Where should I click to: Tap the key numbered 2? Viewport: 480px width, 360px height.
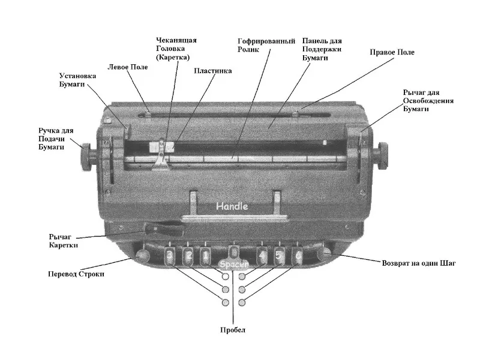point(188,257)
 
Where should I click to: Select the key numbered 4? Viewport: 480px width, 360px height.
point(262,257)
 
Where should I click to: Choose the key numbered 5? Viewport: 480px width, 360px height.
point(279,257)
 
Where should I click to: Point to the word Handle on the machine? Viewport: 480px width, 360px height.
point(232,206)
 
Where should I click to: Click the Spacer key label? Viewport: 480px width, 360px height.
point(232,263)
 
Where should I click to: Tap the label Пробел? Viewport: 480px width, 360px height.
point(233,330)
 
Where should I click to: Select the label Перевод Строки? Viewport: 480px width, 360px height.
point(76,274)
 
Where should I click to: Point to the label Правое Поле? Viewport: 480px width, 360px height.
point(392,53)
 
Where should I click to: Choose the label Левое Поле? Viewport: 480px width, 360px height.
point(127,67)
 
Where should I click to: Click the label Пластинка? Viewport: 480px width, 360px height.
point(213,71)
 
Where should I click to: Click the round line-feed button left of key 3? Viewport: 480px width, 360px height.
point(143,257)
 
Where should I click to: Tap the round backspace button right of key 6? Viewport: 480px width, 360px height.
point(324,253)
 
